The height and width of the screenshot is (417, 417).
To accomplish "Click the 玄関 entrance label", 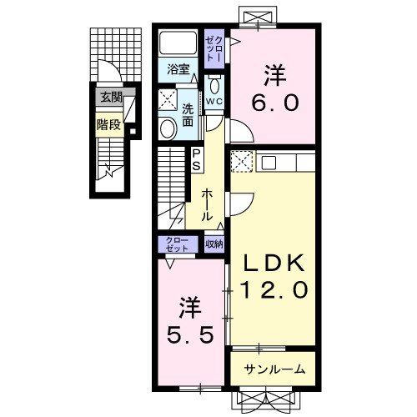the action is coord(111,98).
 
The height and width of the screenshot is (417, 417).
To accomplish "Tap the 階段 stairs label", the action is coord(108,125).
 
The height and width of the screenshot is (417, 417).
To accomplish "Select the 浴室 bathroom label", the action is coord(178,69).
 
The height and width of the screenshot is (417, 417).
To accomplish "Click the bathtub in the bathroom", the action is coord(178,43).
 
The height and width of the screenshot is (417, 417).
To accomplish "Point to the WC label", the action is coord(214,102).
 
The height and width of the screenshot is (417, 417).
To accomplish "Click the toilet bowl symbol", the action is coord(214,84).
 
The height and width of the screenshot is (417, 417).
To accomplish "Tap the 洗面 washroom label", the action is coord(188,115).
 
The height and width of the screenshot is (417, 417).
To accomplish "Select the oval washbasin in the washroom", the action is coord(168,128).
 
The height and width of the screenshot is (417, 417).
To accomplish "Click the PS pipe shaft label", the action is coord(197,160).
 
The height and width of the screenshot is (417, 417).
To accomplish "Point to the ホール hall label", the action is coord(206,204).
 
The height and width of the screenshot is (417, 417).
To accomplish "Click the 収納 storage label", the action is coord(214,244).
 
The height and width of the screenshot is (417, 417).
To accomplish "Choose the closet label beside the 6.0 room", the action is coord(214,49).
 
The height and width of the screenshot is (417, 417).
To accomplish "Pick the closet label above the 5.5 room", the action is coord(177,244).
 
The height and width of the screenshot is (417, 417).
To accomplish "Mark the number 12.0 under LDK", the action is coord(274,289).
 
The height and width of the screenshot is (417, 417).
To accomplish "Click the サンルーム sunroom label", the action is coord(274,369).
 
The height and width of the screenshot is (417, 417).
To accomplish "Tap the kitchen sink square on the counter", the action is coord(269,163).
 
